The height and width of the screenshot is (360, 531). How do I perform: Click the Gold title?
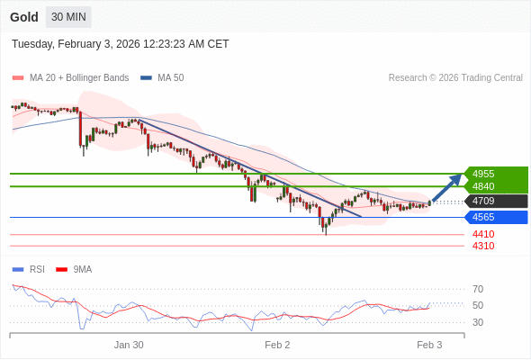pyautogui.click(x=24, y=17)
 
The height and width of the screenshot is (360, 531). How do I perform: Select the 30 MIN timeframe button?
pyautogui.click(x=68, y=17)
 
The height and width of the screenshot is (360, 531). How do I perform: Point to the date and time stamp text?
pyautogui.click(x=120, y=44)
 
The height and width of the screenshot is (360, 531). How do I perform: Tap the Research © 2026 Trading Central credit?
pyautogui.click(x=455, y=78)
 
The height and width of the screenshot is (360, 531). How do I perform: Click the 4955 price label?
pyautogui.click(x=483, y=174)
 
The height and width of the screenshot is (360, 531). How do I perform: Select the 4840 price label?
pyautogui.click(x=483, y=186)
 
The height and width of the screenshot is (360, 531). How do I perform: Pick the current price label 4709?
pyautogui.click(x=483, y=201)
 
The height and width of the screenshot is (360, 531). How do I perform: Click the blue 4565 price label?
pyautogui.click(x=483, y=217)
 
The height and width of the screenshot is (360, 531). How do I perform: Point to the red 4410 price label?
pyautogui.click(x=483, y=234)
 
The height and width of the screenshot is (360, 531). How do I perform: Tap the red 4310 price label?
pyautogui.click(x=483, y=246)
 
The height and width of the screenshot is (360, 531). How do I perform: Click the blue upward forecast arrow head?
pyautogui.click(x=457, y=178)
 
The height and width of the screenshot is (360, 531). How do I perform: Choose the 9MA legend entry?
pyautogui.click(x=82, y=269)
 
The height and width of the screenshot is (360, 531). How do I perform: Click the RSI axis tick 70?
pyautogui.click(x=478, y=289)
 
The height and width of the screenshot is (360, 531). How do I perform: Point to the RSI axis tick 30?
pyautogui.click(x=478, y=322)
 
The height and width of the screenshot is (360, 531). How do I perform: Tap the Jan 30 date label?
pyautogui.click(x=129, y=345)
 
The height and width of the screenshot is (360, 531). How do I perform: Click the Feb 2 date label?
pyautogui.click(x=277, y=345)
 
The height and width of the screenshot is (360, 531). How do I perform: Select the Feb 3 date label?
pyautogui.click(x=429, y=345)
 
